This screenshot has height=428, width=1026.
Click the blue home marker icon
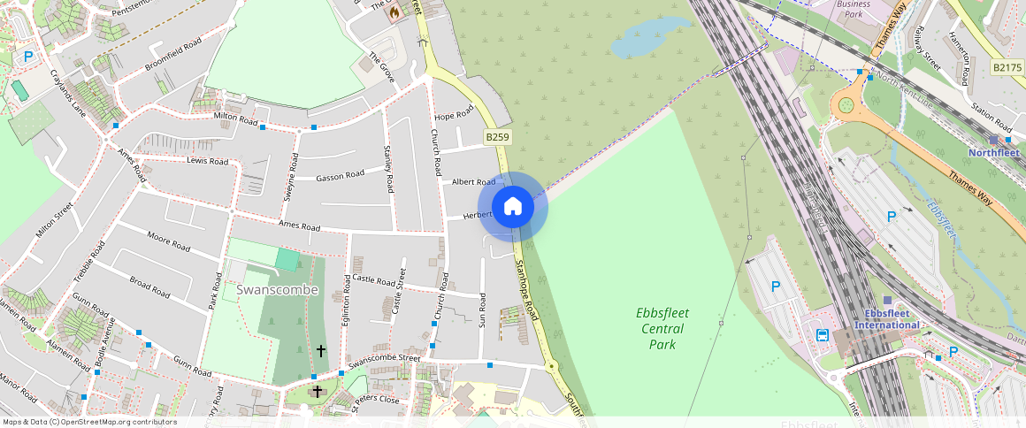pos(513,207)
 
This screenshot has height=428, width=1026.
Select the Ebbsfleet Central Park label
pos(662,328)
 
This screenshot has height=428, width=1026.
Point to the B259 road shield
pos(496,137)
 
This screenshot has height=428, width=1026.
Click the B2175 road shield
pos(1007,67)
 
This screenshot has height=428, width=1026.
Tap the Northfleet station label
pos(994,152)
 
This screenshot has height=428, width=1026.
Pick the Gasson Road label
pos(340,176)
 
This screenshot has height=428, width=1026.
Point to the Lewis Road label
pos(208,161)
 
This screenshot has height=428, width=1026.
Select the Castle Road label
pos(373,280)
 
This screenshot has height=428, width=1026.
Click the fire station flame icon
pos(394,11)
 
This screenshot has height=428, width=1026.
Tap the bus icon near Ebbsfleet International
pos(823,335)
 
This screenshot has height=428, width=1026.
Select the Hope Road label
pos(455,114)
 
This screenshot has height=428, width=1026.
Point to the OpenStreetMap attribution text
pos(88,422)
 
